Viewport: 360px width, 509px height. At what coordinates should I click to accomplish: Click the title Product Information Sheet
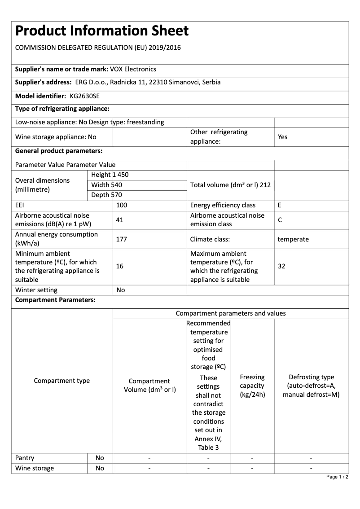[102, 31]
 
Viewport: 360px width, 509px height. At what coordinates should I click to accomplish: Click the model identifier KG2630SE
[85, 96]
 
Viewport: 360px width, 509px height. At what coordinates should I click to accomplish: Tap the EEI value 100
[122, 205]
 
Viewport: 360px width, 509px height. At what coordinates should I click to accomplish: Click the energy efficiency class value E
[280, 205]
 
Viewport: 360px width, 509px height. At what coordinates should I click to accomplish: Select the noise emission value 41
[120, 220]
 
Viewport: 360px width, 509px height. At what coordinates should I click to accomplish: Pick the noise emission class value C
[280, 220]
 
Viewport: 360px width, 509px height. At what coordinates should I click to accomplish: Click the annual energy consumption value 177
[121, 239]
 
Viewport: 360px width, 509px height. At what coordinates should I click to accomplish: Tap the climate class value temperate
[293, 239]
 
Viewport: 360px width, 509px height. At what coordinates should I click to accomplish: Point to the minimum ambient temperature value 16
[120, 266]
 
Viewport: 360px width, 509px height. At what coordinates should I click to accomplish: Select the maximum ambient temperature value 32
[281, 266]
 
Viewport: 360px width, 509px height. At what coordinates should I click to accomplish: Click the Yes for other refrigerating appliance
[282, 137]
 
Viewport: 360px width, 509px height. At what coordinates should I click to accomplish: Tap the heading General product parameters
[59, 151]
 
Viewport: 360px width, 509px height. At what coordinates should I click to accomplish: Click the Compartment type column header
[62, 381]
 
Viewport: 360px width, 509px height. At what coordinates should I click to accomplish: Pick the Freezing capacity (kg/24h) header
[252, 386]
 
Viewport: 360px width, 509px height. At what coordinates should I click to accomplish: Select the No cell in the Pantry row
[100, 458]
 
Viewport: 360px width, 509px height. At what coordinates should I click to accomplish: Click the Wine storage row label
[35, 468]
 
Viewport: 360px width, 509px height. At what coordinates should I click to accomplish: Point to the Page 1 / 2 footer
[337, 477]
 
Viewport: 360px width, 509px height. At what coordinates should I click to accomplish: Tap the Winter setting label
[36, 290]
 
